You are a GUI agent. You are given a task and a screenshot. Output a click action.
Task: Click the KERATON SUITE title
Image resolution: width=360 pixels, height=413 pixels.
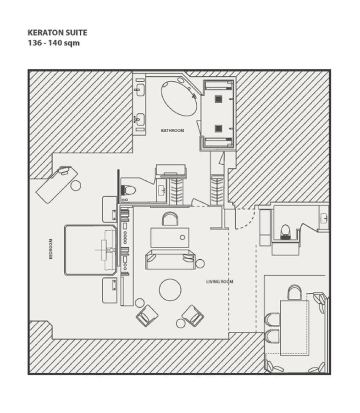(x=57, y=33)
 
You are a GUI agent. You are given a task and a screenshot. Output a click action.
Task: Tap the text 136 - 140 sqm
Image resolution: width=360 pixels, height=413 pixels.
(x=54, y=43)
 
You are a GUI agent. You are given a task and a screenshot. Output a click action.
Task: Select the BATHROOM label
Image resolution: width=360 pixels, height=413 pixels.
(x=172, y=130)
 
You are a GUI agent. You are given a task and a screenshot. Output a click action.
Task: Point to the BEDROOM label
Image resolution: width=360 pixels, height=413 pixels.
(x=51, y=249)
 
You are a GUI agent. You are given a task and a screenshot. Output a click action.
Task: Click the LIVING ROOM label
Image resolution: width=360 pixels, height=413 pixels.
(x=220, y=282)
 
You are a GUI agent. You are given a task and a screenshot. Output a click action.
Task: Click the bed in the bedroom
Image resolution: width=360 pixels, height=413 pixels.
(x=90, y=250)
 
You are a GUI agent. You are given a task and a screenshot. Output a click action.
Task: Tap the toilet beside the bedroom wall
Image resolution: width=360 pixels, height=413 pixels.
(x=129, y=190)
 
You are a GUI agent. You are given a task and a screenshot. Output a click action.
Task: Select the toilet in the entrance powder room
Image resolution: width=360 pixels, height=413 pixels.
(x=285, y=232)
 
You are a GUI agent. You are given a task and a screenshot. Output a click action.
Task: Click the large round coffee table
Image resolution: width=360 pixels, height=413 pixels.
(x=170, y=290)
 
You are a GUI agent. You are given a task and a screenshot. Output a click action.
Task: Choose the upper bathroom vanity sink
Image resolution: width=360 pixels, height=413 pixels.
(x=139, y=89)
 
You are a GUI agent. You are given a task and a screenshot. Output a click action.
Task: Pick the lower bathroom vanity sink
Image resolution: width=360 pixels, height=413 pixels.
(x=139, y=118)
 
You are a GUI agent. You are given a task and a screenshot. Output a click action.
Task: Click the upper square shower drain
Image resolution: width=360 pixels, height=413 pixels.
(x=218, y=99)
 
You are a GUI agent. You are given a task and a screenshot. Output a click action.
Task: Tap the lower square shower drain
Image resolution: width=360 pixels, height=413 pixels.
(x=218, y=128)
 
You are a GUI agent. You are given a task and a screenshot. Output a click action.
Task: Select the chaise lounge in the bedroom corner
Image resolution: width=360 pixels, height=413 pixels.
(x=57, y=184)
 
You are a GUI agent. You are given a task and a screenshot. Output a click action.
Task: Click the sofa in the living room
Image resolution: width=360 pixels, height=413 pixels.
(x=170, y=260)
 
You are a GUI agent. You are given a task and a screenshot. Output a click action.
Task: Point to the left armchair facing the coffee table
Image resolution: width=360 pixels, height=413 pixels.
(x=147, y=316)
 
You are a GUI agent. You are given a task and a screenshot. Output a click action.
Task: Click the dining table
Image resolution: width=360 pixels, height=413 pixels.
(x=294, y=328)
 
